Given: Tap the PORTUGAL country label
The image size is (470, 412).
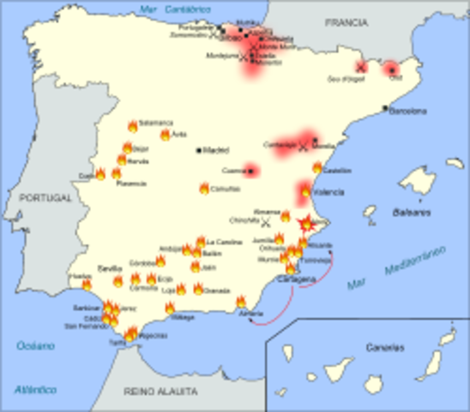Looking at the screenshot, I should [47, 197].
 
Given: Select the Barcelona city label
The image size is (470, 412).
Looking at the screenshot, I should [408, 111].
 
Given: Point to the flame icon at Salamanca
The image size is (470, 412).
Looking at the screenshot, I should [133, 126].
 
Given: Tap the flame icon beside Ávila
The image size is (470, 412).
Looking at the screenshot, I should [166, 135].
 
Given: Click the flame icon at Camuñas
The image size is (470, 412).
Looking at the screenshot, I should [204, 189].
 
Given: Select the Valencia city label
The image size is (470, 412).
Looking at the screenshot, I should [329, 192].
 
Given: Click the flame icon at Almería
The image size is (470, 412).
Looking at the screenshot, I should [241, 302].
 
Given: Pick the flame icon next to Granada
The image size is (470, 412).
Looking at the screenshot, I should [198, 289].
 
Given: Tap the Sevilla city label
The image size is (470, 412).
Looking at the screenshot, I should [110, 268].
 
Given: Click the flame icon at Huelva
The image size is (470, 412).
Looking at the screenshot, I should [87, 284].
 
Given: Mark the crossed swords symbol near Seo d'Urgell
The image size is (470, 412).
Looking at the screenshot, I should [361, 66].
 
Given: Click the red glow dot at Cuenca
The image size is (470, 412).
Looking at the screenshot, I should [251, 170].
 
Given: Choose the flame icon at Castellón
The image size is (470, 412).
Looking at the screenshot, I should [317, 167].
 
